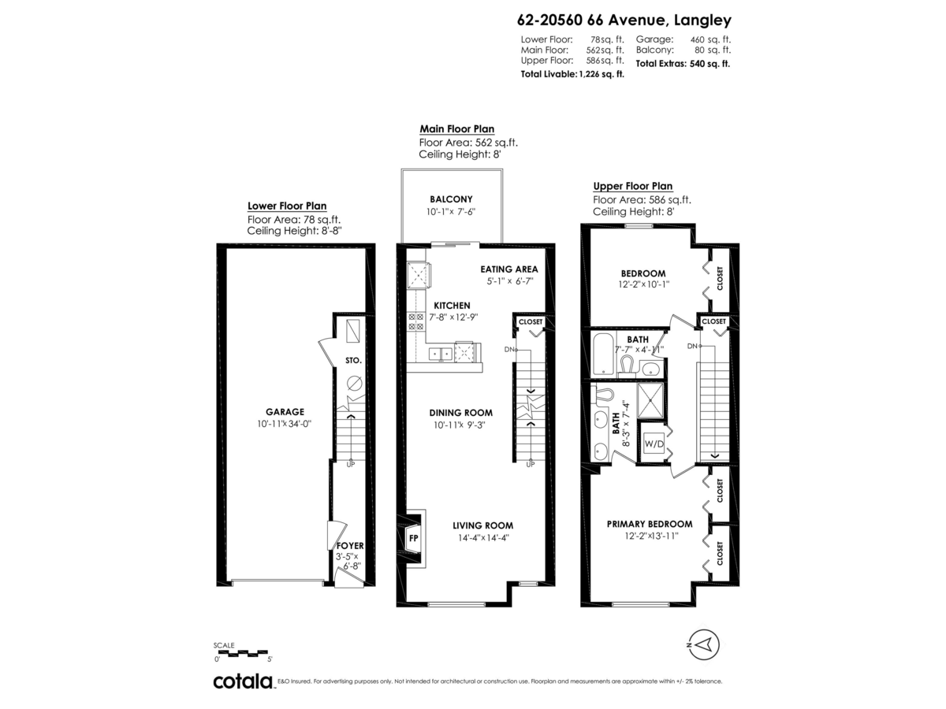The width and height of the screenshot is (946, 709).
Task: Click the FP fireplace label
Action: (413, 538)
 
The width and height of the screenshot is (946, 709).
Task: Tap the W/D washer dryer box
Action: (654, 444)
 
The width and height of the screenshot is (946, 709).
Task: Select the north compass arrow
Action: (704, 644)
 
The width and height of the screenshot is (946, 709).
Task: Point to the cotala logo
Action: (243, 681)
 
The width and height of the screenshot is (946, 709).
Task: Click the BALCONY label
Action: (451, 199)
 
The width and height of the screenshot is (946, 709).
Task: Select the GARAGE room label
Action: (285, 412)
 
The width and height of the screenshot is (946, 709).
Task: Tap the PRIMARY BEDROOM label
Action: (650, 524)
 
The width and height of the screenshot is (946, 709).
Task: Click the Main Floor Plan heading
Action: (456, 128)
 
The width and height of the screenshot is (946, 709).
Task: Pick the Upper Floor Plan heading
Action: (633, 186)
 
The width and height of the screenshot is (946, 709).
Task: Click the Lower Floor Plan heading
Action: (287, 206)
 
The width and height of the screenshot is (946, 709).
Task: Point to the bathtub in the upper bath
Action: (603, 354)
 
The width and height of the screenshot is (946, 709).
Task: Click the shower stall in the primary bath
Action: (650, 400)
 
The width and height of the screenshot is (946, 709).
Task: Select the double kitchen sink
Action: (440, 354)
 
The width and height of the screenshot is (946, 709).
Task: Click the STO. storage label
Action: (353, 360)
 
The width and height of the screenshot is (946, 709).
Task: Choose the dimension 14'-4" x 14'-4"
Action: (484, 538)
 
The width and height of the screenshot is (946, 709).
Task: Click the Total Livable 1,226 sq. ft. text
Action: (572, 74)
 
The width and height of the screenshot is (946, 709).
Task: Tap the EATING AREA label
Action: (509, 269)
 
